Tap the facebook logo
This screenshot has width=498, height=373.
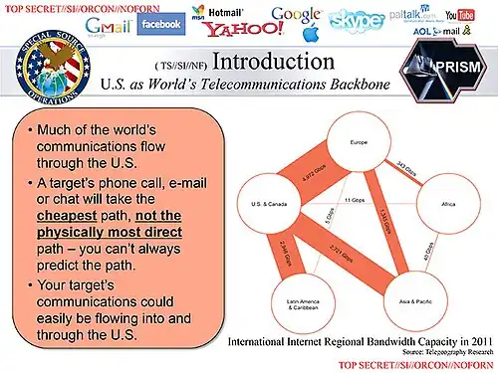(160, 23)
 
